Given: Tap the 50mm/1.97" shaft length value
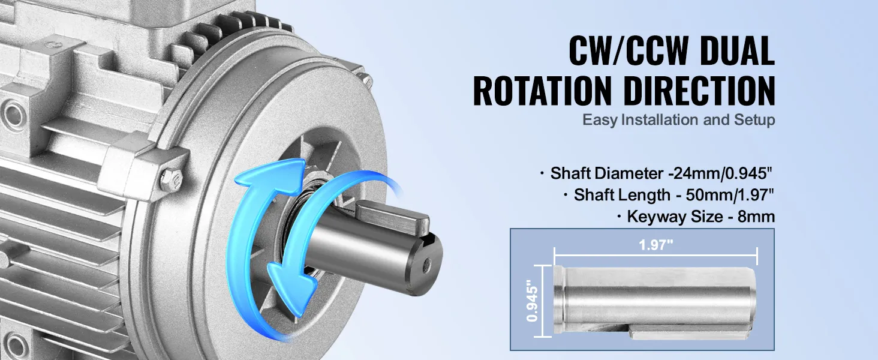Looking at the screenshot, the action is [x=730, y=195].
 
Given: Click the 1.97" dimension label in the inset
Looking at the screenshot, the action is [x=656, y=245].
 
